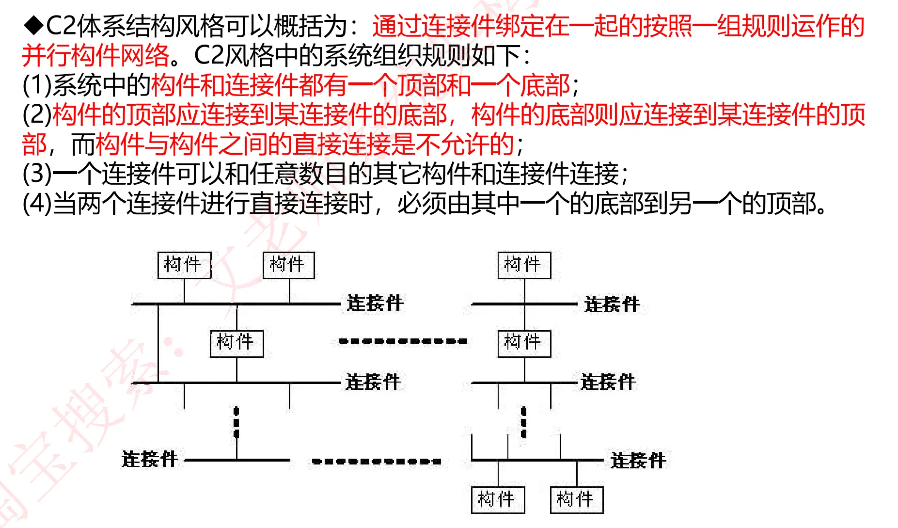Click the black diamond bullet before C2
click(33, 26)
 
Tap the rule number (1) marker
click(37, 85)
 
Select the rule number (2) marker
click(37, 114)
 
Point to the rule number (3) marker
click(37, 174)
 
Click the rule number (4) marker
click(37, 203)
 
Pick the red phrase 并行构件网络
click(95, 55)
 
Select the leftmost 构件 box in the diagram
click(184, 265)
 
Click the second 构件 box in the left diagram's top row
click(288, 265)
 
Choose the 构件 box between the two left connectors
click(236, 343)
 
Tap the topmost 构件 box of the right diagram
click(524, 265)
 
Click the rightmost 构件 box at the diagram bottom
click(576, 500)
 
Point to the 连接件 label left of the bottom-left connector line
click(150, 459)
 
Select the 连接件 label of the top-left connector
click(375, 303)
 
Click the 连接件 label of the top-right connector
click(612, 304)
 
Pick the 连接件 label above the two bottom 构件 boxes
click(638, 461)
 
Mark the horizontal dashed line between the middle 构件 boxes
click(403, 341)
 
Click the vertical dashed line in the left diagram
click(236, 422)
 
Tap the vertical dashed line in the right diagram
click(523, 422)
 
